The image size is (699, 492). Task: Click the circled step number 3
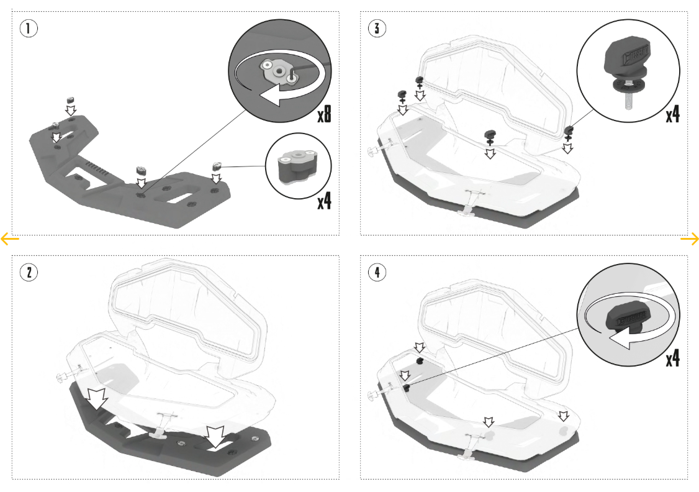tap(375, 29)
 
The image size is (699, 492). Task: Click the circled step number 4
tap(375, 272)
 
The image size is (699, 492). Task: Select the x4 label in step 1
tap(324, 201)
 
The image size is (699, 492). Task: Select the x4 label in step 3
tap(672, 114)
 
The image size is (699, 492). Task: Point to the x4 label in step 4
tap(672, 358)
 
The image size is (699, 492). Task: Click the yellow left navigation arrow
tap(10, 239)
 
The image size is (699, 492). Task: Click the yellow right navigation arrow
tap(689, 239)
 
